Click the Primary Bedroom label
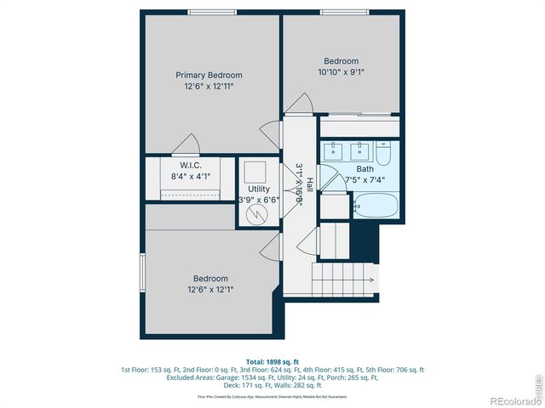point(209,74)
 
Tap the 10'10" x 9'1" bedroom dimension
point(341,73)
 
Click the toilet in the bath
point(384,155)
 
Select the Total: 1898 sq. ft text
point(272,361)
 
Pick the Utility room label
point(259,189)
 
